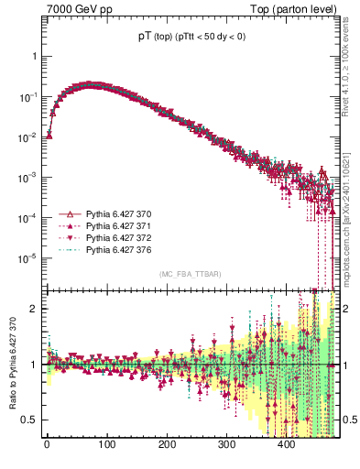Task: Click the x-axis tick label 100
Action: point(106,444)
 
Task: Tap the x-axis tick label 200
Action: point(167,444)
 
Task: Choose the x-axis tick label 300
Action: point(226,444)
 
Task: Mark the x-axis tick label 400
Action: point(286,444)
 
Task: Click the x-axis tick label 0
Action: point(47,444)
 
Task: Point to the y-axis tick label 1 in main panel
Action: point(35,56)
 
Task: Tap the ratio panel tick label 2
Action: point(35,309)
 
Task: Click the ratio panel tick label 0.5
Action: point(30,420)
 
